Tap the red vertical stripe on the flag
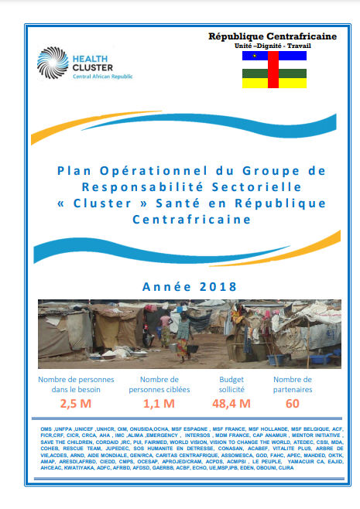click(x=273, y=70)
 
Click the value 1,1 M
click(x=159, y=403)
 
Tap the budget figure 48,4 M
click(x=230, y=403)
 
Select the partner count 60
click(x=292, y=403)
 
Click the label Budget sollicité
click(x=230, y=384)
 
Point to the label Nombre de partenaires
click(x=292, y=384)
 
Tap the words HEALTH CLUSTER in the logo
click(x=92, y=62)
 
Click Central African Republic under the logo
click(x=103, y=77)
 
